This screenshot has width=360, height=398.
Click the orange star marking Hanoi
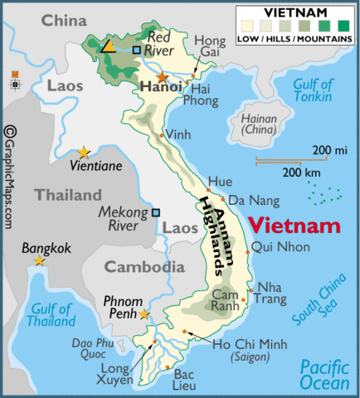coord(162,77)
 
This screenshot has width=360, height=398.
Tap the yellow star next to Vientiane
coord(84,152)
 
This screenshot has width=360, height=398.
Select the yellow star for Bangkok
coord(39,260)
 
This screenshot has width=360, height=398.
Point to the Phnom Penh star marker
coord(144,313)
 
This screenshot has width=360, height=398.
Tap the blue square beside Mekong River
coord(155,212)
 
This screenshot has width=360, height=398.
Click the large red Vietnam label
coord(294,226)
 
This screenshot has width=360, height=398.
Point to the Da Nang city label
coord(250,200)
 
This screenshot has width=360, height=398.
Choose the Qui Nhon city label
coord(280,247)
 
